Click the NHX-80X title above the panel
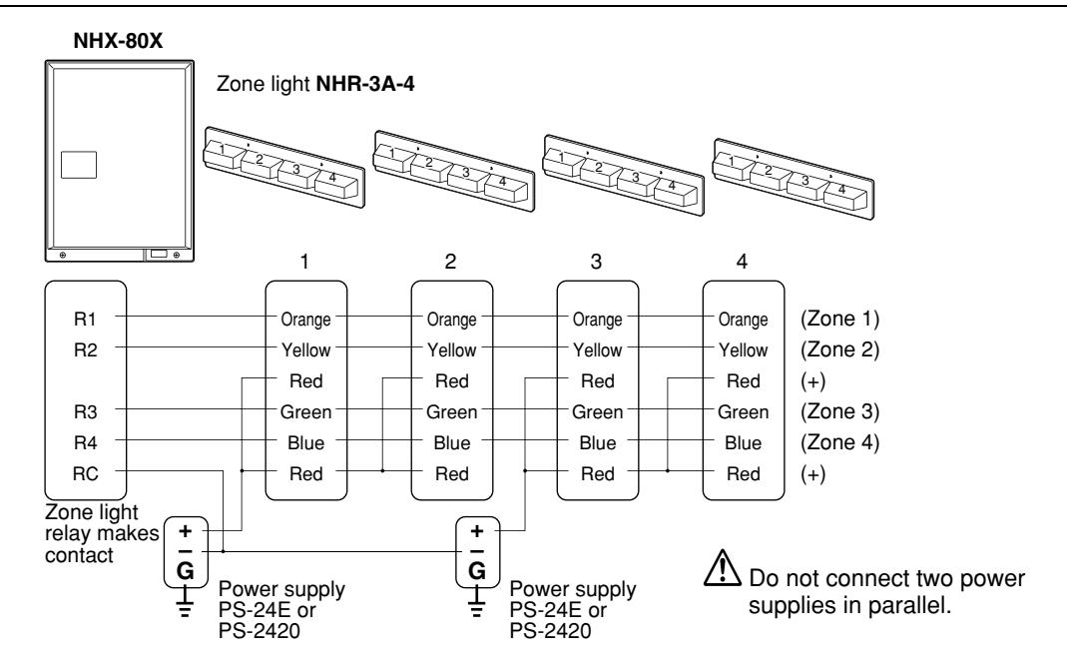pos(118,41)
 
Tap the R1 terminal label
pos(85,319)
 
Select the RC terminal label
pos(85,473)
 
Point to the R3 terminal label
pos(85,411)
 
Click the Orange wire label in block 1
pos(305,320)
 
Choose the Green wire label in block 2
pos(451,411)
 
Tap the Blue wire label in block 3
pos(598,443)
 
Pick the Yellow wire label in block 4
pos(743,349)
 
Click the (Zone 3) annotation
pos(839,411)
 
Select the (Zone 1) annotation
pos(839,319)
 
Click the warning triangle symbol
pos(723,567)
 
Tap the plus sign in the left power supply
pos(185,530)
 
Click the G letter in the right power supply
pos(477,570)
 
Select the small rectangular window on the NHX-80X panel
pos(78,165)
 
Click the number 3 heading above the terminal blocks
pos(596,262)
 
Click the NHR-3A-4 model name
pos(365,84)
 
